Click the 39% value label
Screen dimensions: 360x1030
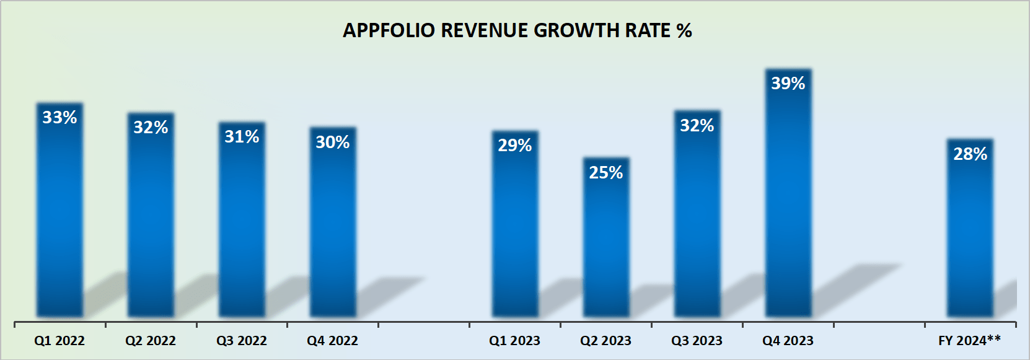coord(788,83)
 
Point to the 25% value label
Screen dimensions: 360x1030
coord(606,172)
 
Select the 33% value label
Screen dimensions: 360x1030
coord(59,117)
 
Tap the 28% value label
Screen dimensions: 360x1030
coord(970,154)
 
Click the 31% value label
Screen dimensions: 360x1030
coord(242,136)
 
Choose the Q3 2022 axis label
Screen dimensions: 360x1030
coord(242,341)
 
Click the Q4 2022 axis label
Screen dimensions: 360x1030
coord(333,341)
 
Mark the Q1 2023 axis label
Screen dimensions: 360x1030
coord(514,341)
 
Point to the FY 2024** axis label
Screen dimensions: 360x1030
coord(969,340)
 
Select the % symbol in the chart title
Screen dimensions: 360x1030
coord(684,30)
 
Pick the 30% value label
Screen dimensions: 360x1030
coord(333,142)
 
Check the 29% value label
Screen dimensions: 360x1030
coord(514,145)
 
